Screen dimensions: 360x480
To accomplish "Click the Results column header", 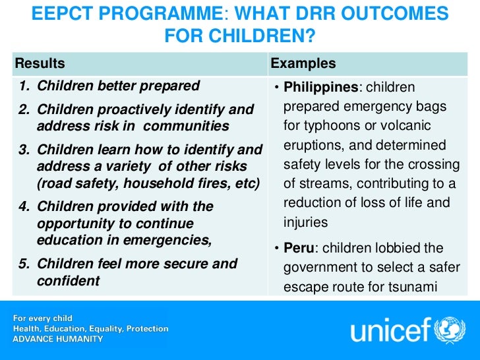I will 40,64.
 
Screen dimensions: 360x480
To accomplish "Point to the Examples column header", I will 303,64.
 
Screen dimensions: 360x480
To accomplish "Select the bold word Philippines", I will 322,88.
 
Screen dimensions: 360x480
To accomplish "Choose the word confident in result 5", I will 69,281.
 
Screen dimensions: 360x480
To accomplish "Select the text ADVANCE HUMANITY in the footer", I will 58,339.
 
